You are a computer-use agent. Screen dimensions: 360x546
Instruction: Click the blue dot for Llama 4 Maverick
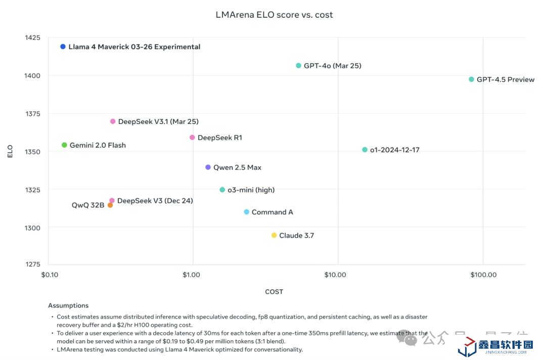[x=63, y=47]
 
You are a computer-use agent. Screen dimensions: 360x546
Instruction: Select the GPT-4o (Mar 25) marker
[x=299, y=66]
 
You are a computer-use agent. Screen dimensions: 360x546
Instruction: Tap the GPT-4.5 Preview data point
[x=472, y=79]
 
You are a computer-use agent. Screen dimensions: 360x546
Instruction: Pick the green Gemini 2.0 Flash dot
[x=64, y=145]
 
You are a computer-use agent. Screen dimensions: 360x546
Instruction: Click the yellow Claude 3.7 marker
[x=274, y=236]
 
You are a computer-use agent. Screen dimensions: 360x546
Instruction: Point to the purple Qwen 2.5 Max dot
[x=208, y=167]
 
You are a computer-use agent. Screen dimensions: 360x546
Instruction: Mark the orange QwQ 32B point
[x=110, y=205]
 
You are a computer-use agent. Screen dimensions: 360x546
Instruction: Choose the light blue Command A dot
[x=247, y=212]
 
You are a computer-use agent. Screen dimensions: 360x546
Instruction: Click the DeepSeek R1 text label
[x=220, y=138]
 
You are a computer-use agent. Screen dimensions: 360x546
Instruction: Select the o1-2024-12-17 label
[x=395, y=150]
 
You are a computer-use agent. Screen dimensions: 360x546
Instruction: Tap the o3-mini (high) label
[x=251, y=190]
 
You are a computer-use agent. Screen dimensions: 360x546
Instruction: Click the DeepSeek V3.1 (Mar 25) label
[x=158, y=122]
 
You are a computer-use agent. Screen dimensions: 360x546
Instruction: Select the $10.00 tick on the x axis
[x=335, y=275]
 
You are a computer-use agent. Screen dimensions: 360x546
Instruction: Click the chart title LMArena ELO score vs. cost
[x=275, y=15]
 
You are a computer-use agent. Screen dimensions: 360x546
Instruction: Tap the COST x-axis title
[x=274, y=292]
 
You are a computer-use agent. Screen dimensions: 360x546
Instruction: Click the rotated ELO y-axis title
[x=10, y=152]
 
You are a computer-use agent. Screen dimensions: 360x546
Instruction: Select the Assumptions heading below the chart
[x=68, y=306]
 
